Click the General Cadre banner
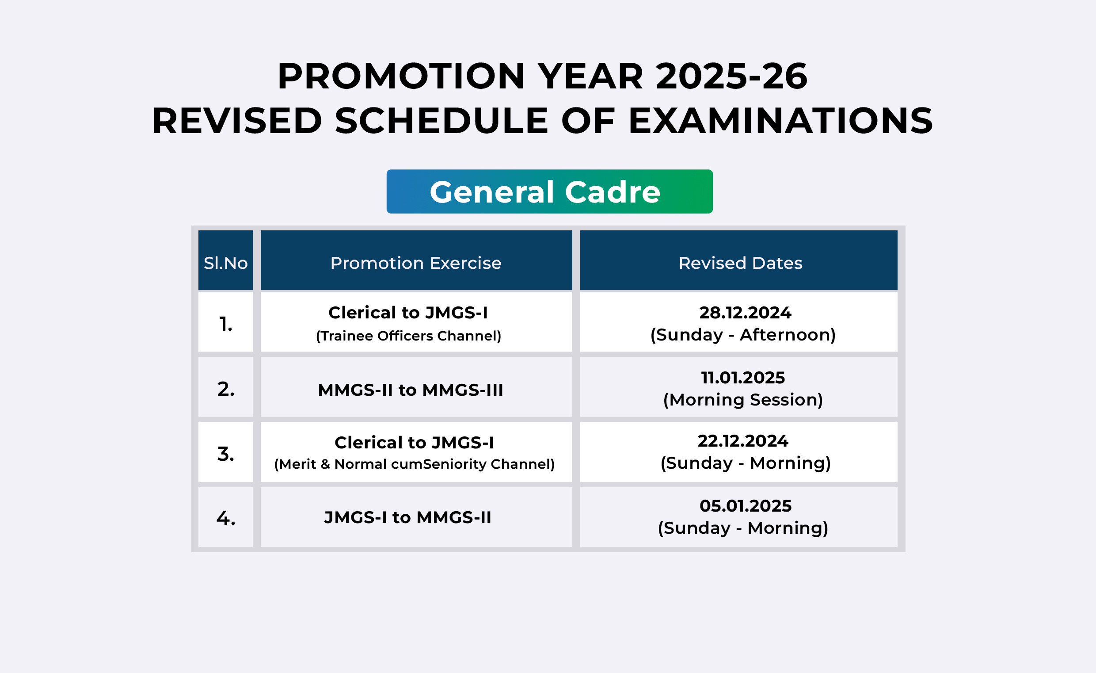point(549,191)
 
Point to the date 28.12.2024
point(745,313)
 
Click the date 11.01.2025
point(743,378)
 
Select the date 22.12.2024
point(743,441)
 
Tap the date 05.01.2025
point(746,506)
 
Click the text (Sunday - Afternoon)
point(743,335)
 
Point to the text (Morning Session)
point(743,400)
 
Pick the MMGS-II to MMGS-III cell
point(411,390)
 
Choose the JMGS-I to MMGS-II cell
point(407,517)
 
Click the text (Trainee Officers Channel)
point(408,336)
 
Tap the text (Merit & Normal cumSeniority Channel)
point(414,464)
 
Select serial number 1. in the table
point(226,324)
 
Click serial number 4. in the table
point(226,518)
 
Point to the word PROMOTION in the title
point(401,76)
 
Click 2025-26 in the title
point(731,76)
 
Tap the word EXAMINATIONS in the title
point(780,121)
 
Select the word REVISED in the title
point(237,121)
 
